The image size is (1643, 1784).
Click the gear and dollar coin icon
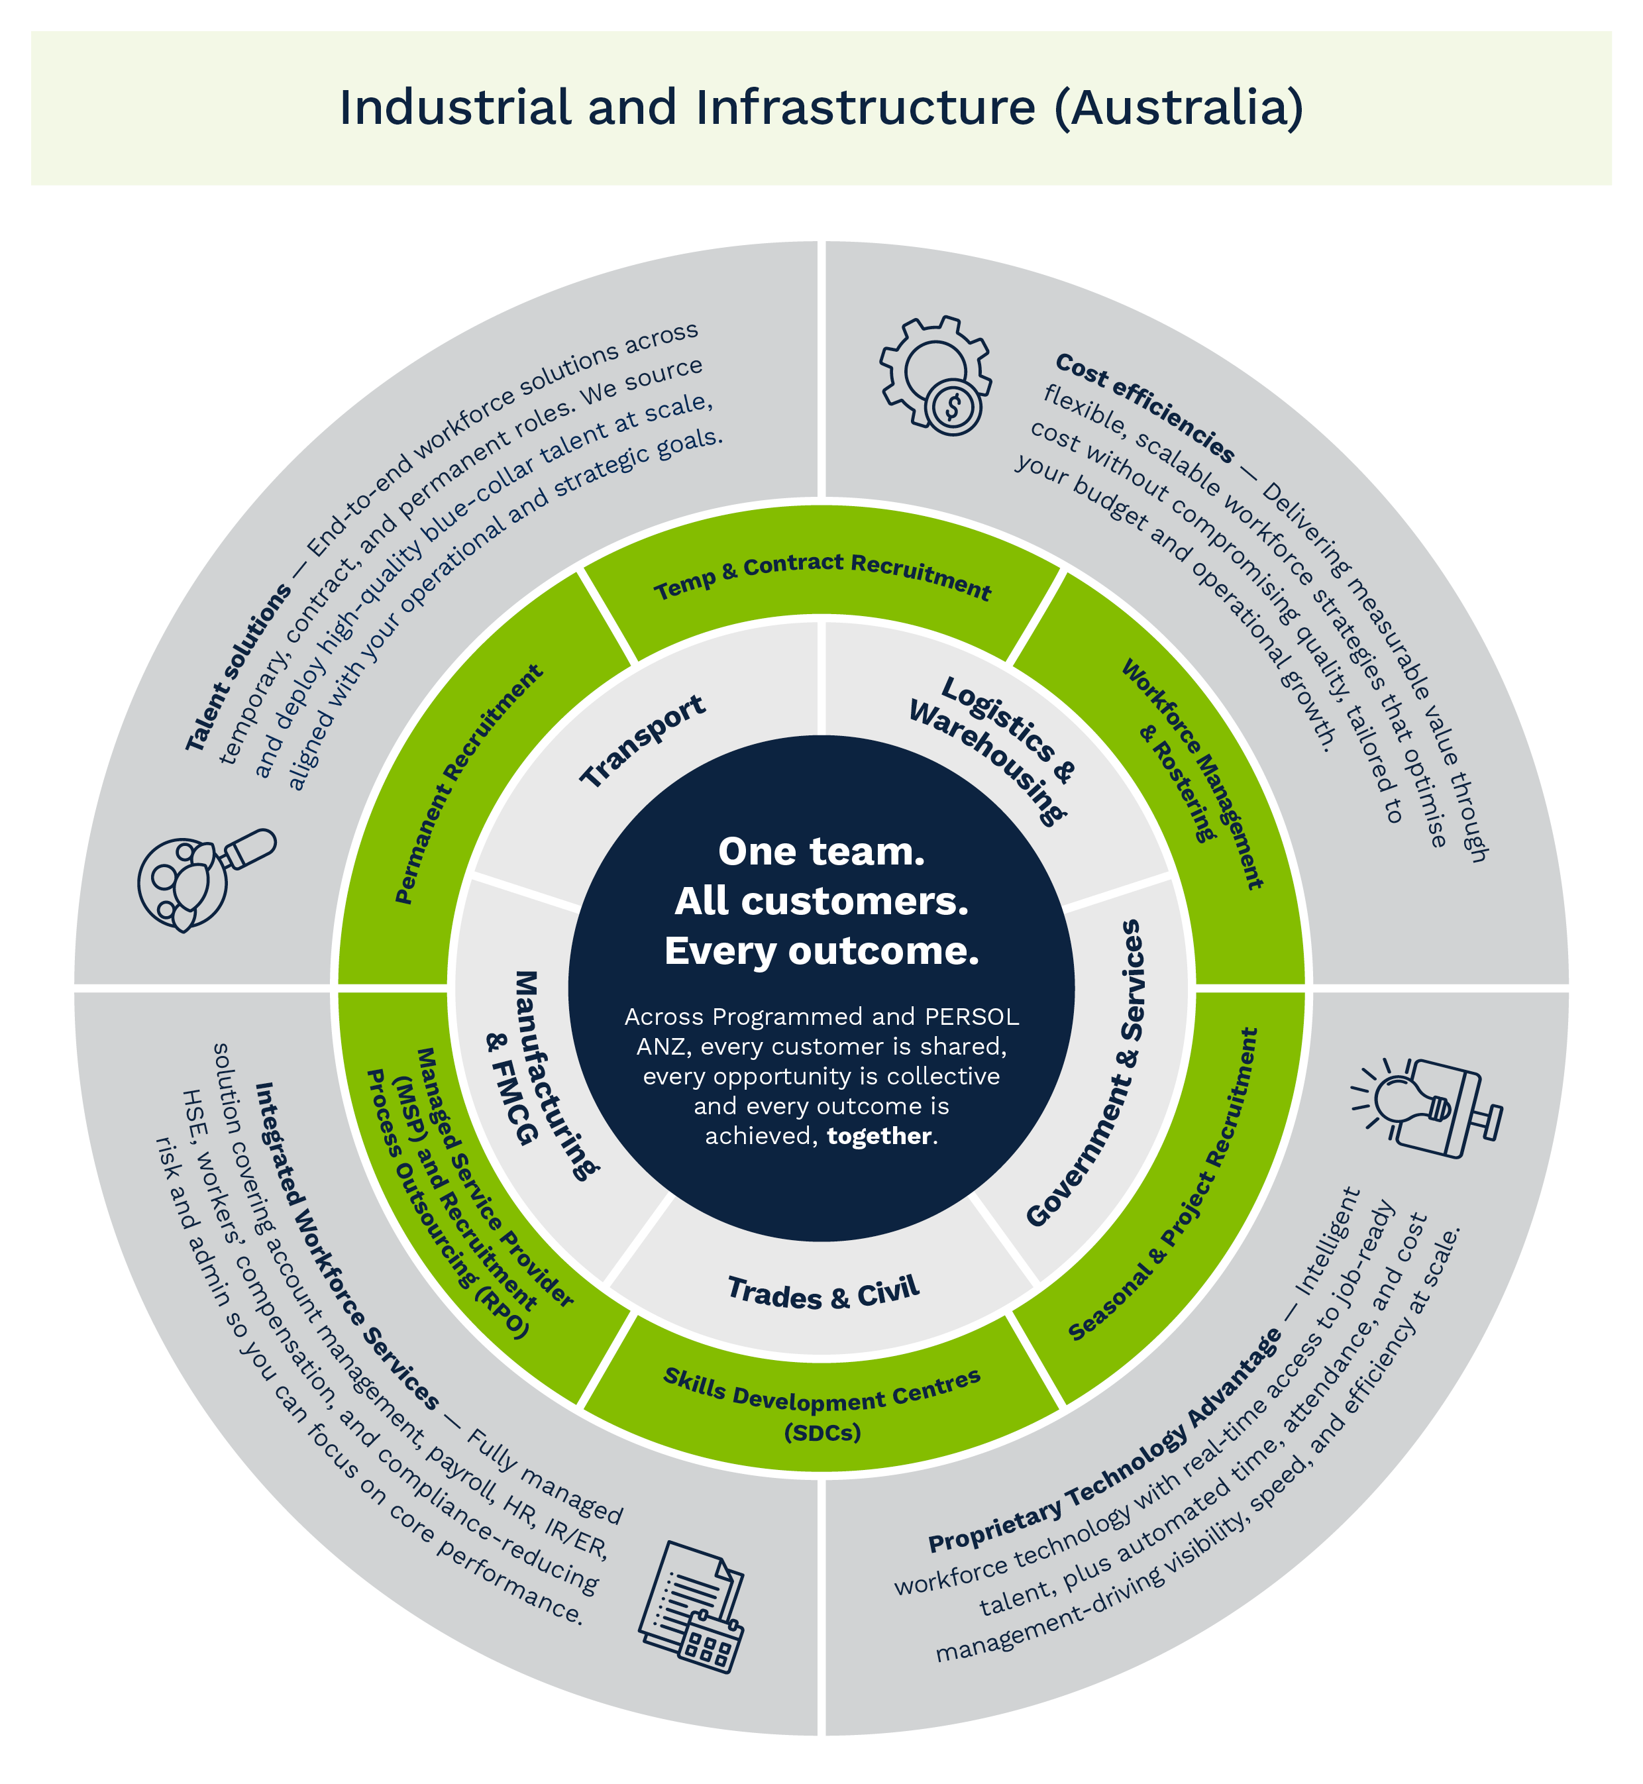935,375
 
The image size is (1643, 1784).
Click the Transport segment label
643,741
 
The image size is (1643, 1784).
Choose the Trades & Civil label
823,1292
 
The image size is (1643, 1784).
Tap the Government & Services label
1085,1073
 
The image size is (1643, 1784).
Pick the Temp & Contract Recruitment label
822,577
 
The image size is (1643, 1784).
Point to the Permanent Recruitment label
468,784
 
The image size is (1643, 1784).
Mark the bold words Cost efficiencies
1145,408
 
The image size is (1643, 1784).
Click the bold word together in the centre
879,1136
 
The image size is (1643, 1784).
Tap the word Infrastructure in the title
866,107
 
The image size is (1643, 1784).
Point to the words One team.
821,851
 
